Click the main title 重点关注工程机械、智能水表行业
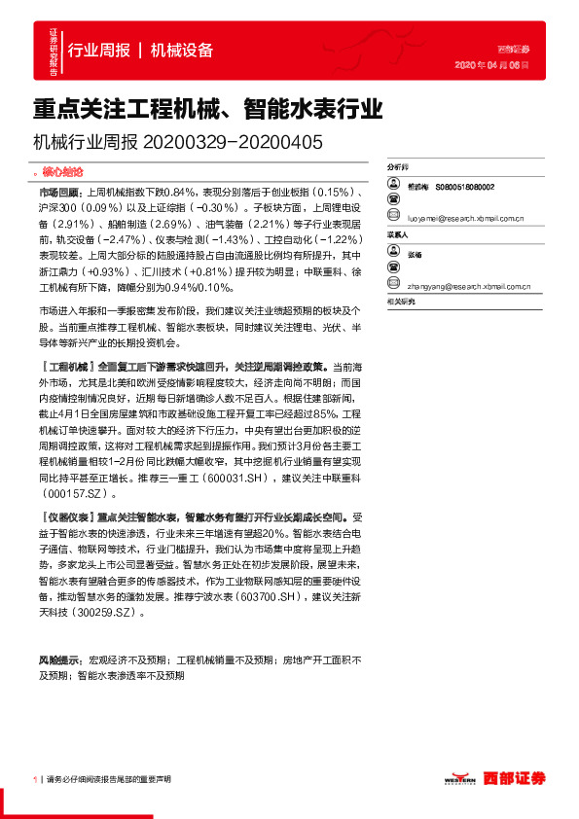[207, 105]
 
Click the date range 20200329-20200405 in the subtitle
[233, 141]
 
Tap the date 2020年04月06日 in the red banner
[491, 66]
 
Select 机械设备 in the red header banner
[182, 51]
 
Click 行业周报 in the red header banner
[99, 51]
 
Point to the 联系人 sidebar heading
[399, 234]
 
